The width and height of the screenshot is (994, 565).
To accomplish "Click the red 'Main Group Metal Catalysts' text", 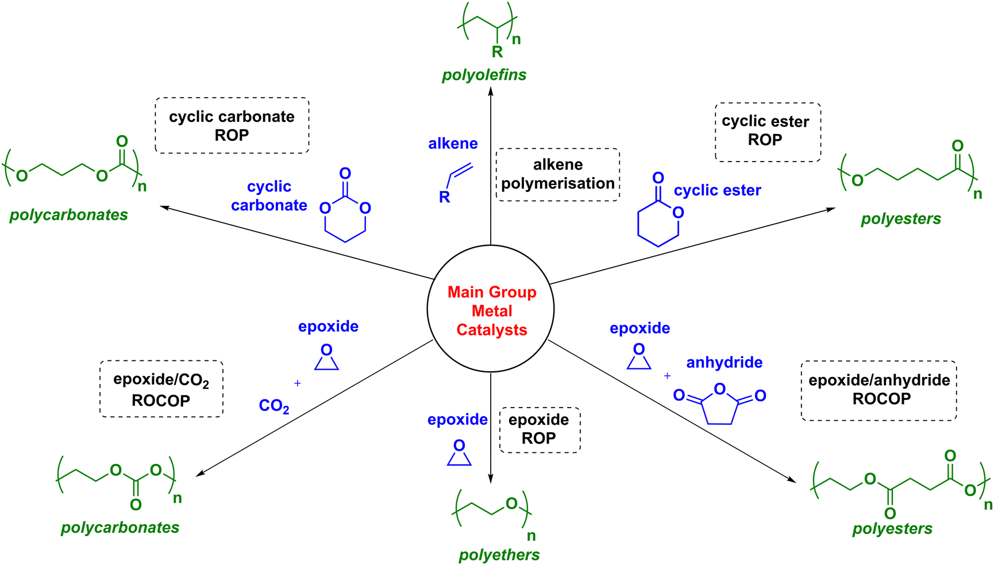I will click(x=492, y=311).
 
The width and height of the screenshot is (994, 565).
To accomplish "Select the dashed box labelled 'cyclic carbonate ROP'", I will click(x=232, y=125).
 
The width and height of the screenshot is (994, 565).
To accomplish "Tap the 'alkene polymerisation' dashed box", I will click(x=557, y=174).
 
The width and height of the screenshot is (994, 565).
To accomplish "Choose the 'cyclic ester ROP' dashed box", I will click(x=767, y=132).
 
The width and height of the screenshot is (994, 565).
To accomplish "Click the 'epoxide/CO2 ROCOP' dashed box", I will click(x=161, y=389).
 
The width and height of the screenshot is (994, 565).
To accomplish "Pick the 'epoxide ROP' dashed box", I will click(x=540, y=429).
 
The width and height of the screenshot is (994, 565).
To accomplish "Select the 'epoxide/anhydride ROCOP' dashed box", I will click(x=879, y=390).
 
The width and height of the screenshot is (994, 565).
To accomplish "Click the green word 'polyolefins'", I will click(x=484, y=75).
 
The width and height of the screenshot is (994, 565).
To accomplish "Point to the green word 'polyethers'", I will click(x=499, y=555).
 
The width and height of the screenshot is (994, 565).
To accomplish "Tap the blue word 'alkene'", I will click(x=453, y=144).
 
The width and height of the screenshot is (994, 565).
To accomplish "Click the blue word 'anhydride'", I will click(x=724, y=363).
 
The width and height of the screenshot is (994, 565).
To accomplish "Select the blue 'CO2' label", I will click(x=273, y=406).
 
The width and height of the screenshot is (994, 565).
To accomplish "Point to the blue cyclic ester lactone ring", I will click(x=658, y=222).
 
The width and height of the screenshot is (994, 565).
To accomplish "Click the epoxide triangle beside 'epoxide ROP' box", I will click(x=459, y=454).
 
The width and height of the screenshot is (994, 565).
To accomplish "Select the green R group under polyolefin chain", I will click(x=497, y=52).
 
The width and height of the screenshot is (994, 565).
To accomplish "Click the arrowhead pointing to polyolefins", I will click(x=491, y=91).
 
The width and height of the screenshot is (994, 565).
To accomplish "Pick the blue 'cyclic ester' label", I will click(x=717, y=190).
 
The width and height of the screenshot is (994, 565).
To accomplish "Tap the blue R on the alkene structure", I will click(x=444, y=197).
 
